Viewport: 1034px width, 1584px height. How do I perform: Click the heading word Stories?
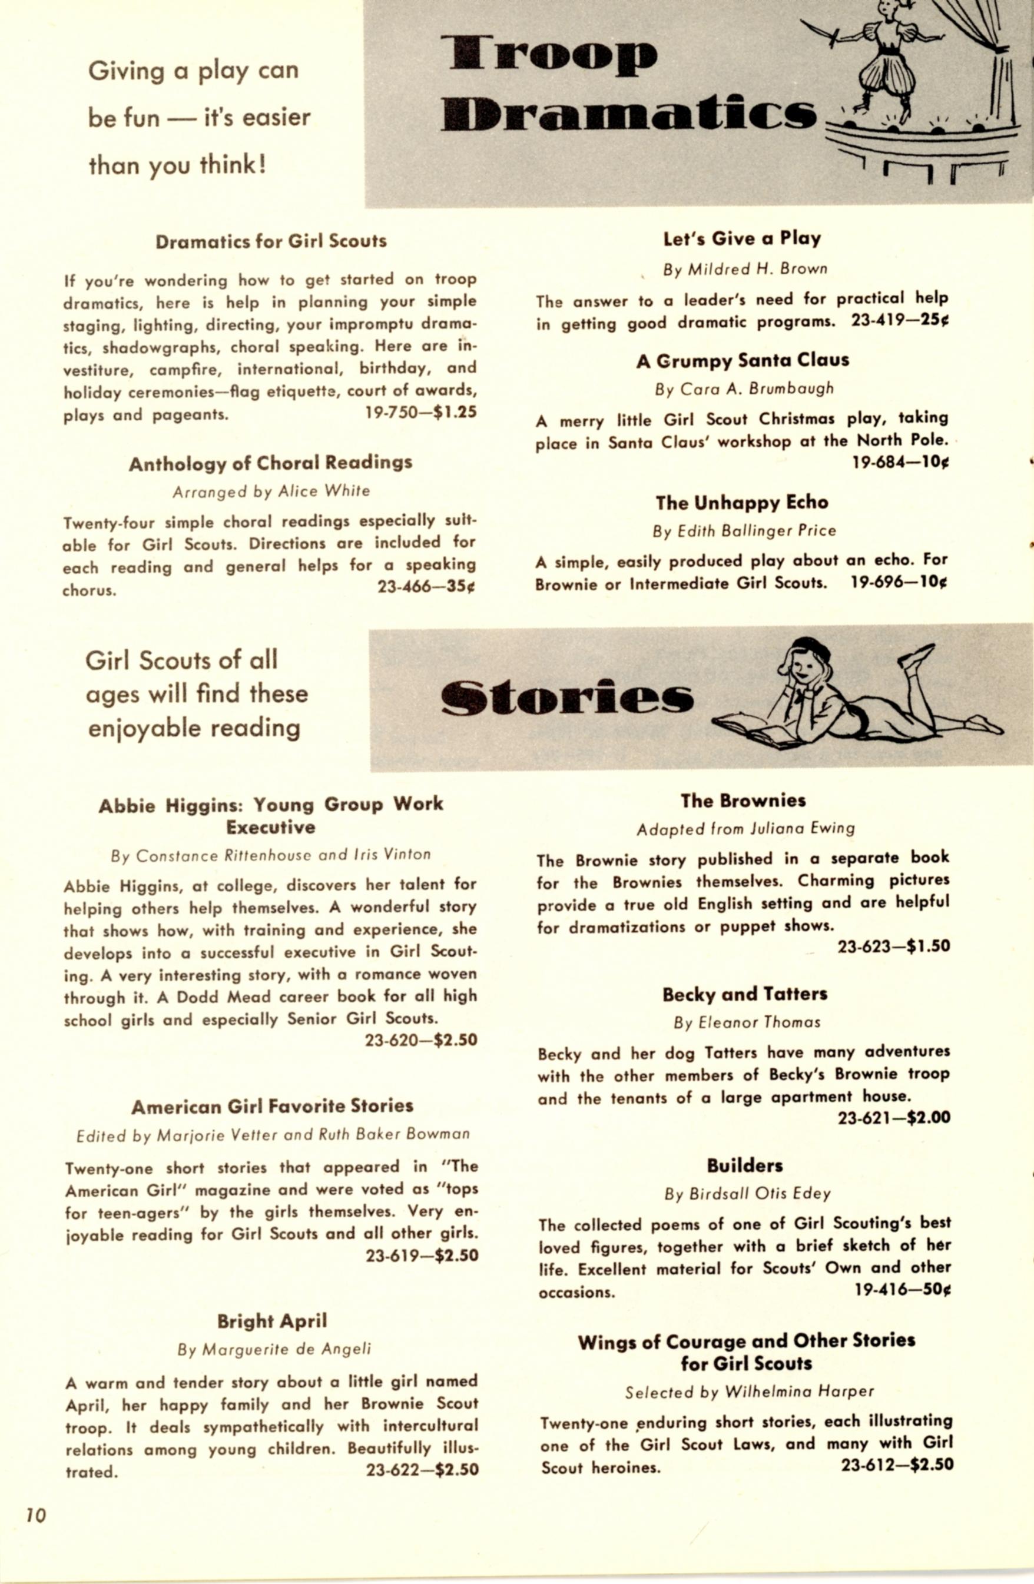click(x=566, y=698)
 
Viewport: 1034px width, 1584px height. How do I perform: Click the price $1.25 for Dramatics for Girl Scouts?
click(x=455, y=412)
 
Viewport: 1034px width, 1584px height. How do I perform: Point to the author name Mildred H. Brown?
click(x=758, y=269)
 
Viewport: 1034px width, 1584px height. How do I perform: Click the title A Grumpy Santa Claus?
click(x=743, y=361)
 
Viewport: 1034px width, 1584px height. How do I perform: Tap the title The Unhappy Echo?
click(x=742, y=503)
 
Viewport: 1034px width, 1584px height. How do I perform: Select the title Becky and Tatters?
click(x=744, y=994)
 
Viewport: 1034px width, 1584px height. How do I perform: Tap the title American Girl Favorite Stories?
click(x=271, y=1107)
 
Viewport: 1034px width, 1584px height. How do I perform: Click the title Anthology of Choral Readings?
click(x=270, y=463)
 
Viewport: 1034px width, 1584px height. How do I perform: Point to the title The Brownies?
click(x=743, y=801)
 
